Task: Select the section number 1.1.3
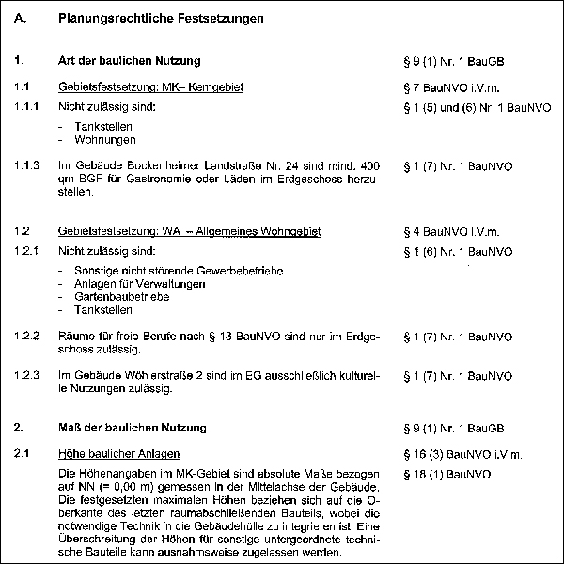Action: (x=26, y=165)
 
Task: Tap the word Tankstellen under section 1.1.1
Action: (x=102, y=126)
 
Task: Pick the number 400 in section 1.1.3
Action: (x=369, y=165)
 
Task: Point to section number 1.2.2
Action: (x=26, y=336)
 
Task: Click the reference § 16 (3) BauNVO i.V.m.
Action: (x=456, y=453)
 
